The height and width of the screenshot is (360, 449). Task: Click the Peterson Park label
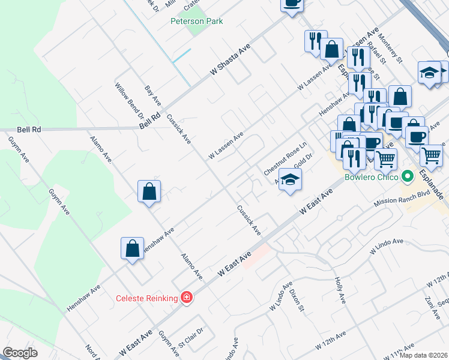pyautogui.click(x=196, y=22)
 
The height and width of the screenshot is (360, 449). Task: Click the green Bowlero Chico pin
pyautogui.click(x=408, y=177)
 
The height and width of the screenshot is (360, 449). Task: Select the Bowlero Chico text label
pyautogui.click(x=372, y=177)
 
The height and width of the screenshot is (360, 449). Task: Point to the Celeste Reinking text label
pyautogui.click(x=146, y=298)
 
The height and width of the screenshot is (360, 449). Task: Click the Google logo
pyautogui.click(x=20, y=353)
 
